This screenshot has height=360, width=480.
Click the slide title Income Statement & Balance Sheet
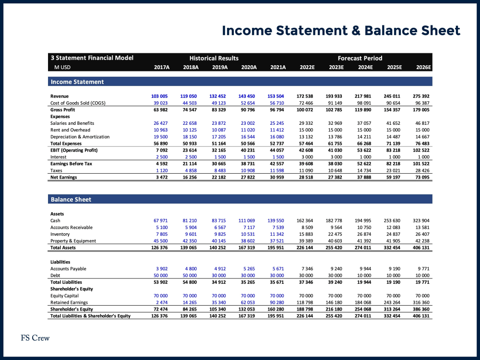point(341,31)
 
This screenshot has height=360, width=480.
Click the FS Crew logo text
point(35,338)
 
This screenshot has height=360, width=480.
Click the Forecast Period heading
point(360,58)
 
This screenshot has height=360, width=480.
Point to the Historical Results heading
point(214,58)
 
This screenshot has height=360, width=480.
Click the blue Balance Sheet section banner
point(240,199)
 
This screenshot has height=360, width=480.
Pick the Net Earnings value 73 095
point(421,177)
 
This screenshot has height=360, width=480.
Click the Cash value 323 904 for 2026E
point(421,221)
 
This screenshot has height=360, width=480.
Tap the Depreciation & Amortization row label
point(80,137)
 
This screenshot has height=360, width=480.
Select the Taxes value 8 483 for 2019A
point(219,170)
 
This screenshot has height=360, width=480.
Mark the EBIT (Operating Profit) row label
point(74,150)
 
